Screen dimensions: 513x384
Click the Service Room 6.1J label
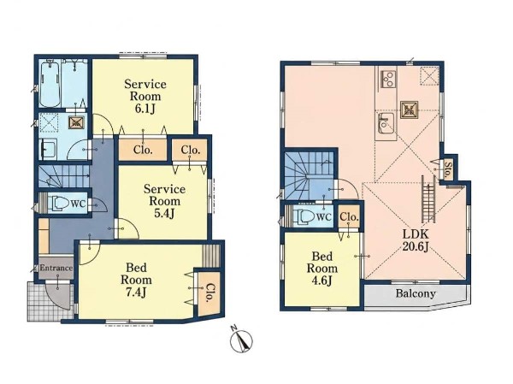tap(145, 96)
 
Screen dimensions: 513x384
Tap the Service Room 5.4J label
tap(164, 201)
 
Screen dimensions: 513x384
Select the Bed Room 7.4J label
tap(136, 280)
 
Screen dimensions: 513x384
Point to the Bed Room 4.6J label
tap(322, 268)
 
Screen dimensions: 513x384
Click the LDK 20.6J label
tap(416, 240)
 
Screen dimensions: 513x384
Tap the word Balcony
tap(416, 293)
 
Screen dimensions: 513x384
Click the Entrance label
tap(56, 268)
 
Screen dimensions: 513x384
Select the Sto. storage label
tap(448, 169)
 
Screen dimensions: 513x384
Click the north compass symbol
tap(242, 340)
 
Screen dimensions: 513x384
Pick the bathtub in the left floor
tap(50, 85)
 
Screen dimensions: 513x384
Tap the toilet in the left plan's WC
tap(58, 204)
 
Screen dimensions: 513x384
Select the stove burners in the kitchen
tap(387, 79)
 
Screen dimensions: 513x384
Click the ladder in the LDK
tap(428, 199)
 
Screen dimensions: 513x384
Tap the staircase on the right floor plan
tap(310, 176)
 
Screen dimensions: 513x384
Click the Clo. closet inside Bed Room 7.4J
tap(208, 293)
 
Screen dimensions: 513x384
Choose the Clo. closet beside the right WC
tap(349, 216)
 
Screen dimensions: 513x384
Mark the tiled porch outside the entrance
tap(49, 301)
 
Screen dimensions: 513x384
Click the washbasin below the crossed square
tap(48, 149)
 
